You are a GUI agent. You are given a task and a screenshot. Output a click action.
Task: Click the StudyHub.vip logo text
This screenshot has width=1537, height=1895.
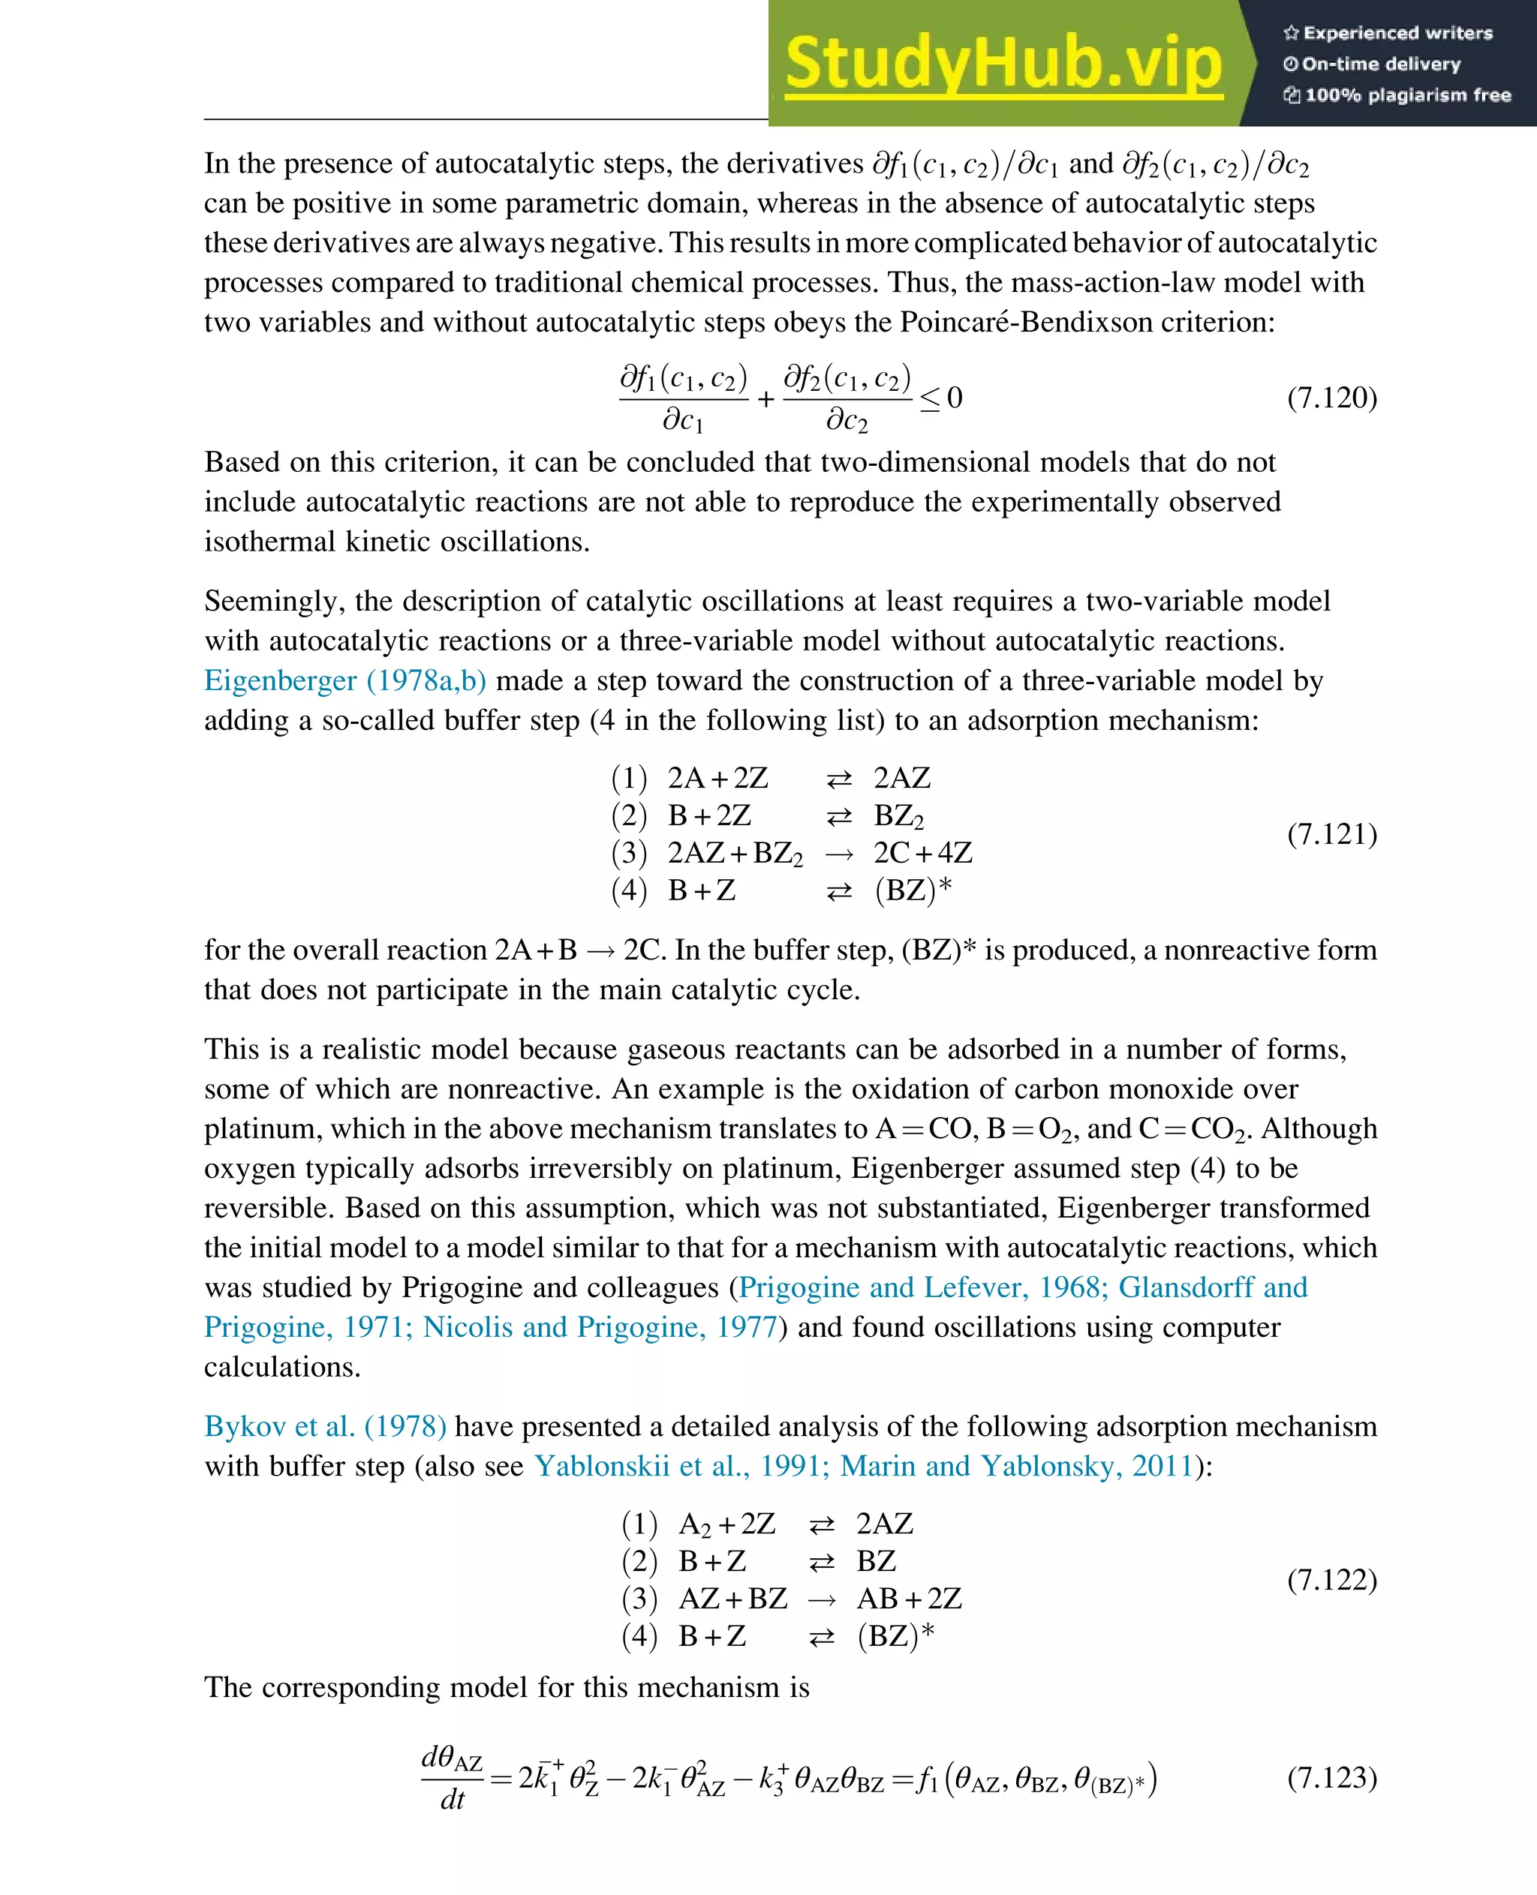1003,64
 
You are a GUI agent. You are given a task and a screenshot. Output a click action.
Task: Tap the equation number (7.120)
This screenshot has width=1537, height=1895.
1331,398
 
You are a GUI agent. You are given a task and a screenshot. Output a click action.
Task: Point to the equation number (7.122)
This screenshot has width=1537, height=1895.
1331,1579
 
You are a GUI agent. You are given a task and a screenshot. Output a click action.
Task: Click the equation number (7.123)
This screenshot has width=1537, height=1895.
1331,1777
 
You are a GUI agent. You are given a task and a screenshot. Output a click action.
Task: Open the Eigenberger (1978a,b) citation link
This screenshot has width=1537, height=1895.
345,680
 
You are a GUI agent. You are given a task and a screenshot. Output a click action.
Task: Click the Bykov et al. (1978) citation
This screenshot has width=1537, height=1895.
325,1426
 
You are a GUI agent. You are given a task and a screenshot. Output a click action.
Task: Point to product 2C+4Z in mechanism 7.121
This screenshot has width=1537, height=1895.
922,852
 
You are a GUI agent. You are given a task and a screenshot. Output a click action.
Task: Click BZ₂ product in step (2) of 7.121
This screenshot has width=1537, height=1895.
898,816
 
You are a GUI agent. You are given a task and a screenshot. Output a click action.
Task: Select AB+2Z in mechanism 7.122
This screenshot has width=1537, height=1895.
908,1599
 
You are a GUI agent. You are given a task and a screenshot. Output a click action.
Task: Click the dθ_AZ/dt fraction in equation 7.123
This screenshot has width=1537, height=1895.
453,1778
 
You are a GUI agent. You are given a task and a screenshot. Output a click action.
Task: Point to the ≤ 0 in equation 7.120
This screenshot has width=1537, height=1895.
941,398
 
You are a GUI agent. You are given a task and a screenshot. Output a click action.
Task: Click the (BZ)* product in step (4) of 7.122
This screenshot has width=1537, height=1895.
895,1635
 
